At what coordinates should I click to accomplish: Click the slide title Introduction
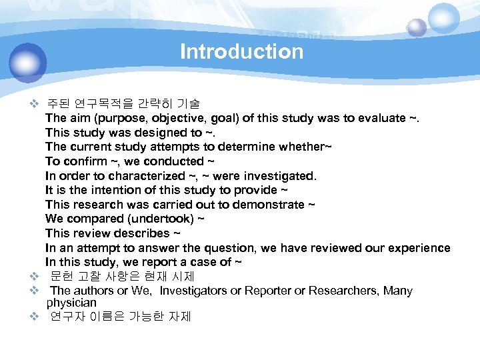pos(241,51)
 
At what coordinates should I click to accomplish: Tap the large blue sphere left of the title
pos(28,63)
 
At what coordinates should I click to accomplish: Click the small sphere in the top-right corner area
pos(417,27)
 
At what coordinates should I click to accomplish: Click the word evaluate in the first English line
pos(381,118)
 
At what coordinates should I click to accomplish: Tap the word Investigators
pos(195,291)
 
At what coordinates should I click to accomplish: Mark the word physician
pos(71,303)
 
